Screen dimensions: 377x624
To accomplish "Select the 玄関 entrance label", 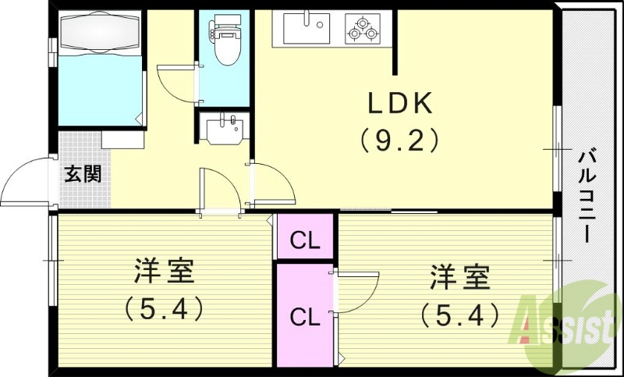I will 82,173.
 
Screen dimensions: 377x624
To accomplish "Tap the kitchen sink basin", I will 306,30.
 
